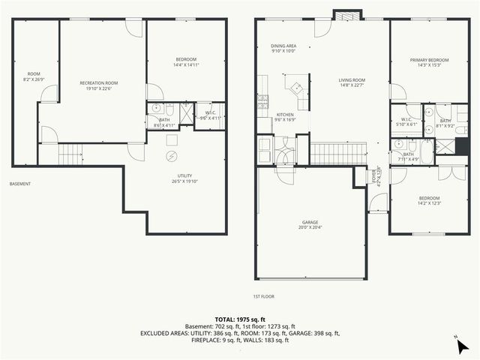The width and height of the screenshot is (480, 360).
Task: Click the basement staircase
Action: point(70,155)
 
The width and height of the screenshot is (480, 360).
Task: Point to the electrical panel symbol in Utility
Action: point(171,156)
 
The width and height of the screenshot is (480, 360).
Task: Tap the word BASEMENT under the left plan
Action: point(21,184)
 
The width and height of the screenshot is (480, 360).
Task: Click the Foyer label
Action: point(375,175)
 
